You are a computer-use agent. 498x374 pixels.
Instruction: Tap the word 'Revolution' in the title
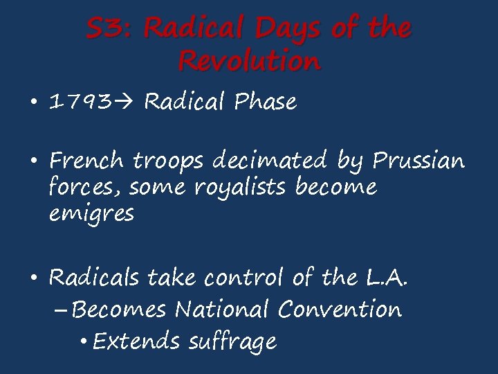249,62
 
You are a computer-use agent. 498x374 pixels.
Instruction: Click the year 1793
80,103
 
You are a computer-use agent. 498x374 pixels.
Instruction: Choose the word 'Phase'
266,103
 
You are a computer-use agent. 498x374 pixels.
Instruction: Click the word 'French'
88,161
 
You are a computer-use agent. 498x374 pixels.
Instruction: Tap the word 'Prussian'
418,161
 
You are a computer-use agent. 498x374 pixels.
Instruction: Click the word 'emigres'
91,215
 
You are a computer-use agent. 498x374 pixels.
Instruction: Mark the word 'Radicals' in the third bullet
95,278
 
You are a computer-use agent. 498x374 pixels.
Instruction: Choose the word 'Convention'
340,309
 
